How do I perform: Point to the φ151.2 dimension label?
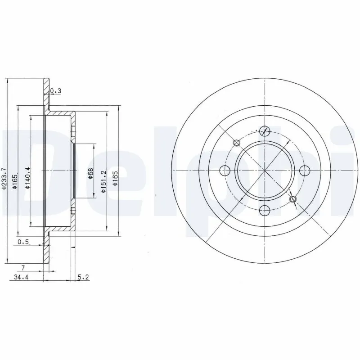103,182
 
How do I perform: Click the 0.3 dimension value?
56,91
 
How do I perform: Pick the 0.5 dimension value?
23,243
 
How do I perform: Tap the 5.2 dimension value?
84,278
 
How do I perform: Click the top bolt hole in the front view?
265,131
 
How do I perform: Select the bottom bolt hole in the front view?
265,209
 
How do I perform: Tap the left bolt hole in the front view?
225,170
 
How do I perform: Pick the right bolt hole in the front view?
305,170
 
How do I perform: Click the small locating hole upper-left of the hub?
237,143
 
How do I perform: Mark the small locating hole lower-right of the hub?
293,199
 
